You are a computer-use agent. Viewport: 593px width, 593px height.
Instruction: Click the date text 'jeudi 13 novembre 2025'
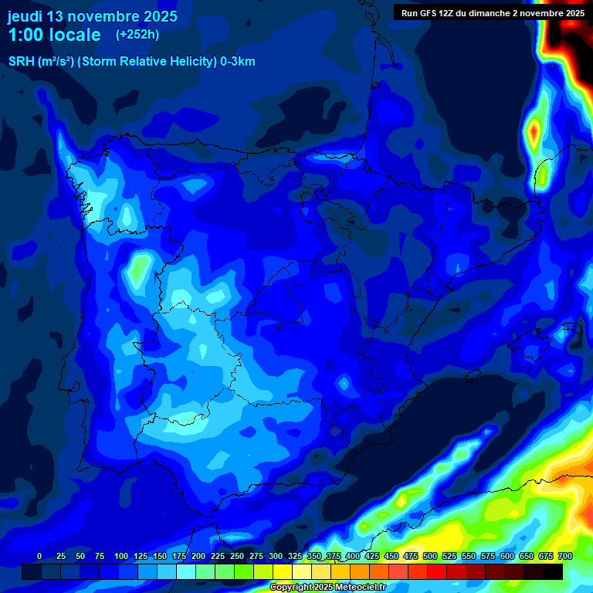[x=92, y=16]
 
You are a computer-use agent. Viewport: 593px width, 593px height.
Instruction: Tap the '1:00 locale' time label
[x=54, y=35]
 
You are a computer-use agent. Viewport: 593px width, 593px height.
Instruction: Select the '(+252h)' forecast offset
[x=137, y=35]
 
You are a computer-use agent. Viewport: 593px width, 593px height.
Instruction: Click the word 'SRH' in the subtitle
[x=21, y=62]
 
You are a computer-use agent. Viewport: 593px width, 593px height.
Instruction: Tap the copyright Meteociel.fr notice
[x=327, y=588]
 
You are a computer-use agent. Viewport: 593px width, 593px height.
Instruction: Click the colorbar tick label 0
[x=39, y=556]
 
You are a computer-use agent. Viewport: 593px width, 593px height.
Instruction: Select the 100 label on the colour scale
[x=121, y=556]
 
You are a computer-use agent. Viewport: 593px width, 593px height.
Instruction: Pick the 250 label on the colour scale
[x=237, y=556]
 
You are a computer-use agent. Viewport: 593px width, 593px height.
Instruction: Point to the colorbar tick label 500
[x=430, y=556]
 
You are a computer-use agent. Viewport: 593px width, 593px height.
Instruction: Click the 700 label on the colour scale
[x=564, y=556]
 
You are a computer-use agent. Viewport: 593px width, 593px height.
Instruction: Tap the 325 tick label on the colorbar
[x=295, y=556]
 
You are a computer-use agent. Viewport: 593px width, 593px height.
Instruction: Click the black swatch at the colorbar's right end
[x=553, y=571]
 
